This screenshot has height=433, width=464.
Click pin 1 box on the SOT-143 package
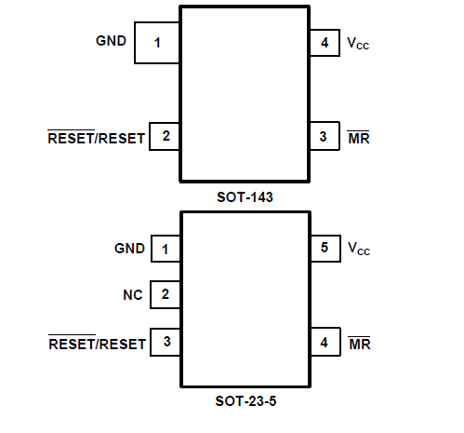(157, 43)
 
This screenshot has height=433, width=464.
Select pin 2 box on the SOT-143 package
(165, 137)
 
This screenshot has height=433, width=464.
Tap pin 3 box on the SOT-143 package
(325, 136)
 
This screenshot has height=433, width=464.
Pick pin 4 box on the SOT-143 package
(325, 43)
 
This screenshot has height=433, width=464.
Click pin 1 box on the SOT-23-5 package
(166, 249)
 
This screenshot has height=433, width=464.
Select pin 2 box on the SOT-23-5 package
(166, 294)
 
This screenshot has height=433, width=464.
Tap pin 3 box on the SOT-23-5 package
(166, 342)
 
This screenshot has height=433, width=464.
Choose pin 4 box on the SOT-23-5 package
(325, 342)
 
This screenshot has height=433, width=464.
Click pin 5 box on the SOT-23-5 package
(325, 249)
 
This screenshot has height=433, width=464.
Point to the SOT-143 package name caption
(245, 197)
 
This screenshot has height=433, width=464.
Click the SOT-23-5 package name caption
(245, 401)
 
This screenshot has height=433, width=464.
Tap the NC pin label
(133, 295)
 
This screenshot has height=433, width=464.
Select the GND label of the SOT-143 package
(111, 41)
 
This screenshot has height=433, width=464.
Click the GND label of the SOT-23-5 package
(129, 249)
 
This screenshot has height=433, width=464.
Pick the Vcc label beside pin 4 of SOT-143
(358, 43)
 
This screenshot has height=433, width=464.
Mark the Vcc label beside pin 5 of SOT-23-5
(359, 249)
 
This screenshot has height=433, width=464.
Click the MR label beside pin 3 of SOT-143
(359, 138)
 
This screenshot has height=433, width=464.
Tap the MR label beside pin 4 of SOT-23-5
(360, 344)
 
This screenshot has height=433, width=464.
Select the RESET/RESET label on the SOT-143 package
(96, 137)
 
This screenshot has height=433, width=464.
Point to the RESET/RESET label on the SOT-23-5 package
(97, 343)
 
